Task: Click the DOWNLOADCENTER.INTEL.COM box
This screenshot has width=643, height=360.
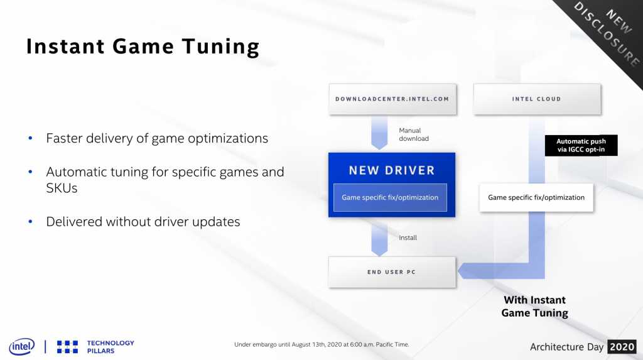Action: (392, 99)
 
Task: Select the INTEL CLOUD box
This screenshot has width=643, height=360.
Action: (537, 99)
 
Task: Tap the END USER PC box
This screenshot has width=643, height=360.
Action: (392, 272)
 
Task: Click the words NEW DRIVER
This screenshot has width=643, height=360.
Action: (392, 170)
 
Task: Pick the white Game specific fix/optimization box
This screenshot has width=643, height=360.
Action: (536, 197)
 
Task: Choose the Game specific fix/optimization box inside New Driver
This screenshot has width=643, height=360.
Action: (390, 197)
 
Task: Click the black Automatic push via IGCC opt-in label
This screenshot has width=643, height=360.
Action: (581, 145)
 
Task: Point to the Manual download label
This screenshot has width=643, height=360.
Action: (414, 134)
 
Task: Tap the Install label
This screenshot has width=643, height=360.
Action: (408, 237)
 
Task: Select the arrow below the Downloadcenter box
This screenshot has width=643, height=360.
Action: (379, 133)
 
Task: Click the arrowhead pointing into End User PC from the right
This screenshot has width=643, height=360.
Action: (464, 271)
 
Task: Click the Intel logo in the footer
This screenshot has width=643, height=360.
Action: (22, 347)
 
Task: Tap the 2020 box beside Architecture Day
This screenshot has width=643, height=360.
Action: (622, 347)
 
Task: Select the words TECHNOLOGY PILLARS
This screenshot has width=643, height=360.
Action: (111, 347)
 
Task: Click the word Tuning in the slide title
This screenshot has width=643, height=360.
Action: (220, 46)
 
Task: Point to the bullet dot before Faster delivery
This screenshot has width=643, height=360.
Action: (30, 138)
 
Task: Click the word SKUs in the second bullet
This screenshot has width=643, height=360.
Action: (62, 188)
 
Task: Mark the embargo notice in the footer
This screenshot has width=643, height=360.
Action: (321, 344)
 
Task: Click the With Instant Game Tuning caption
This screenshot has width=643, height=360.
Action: (535, 306)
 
